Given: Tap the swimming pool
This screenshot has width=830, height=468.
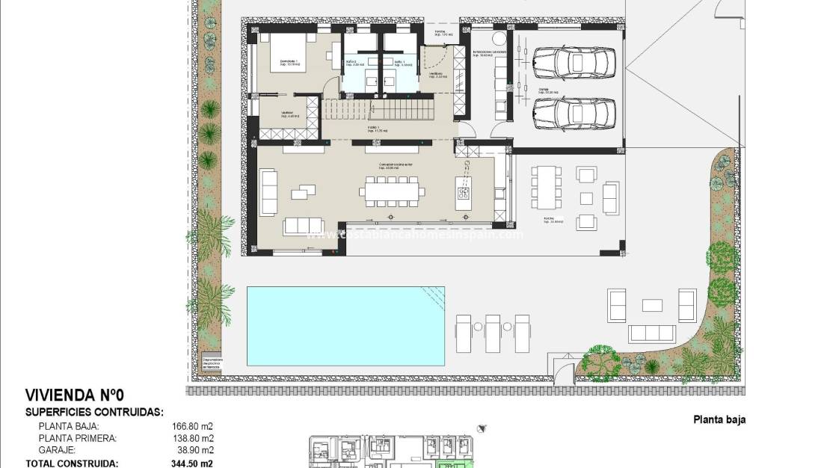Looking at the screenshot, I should tap(345, 325).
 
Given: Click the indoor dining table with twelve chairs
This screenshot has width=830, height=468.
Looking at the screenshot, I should tap(390, 193).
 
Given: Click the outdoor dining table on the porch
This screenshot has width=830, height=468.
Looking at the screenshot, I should tap(547, 187).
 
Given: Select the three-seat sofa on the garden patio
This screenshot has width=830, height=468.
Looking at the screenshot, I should tap(661, 333).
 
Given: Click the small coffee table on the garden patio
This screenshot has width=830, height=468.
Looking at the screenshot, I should tap(652, 304).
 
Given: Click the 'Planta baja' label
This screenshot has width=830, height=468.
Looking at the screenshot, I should tap(719, 420).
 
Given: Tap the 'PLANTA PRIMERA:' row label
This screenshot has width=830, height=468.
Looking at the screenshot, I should tap(77, 438).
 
